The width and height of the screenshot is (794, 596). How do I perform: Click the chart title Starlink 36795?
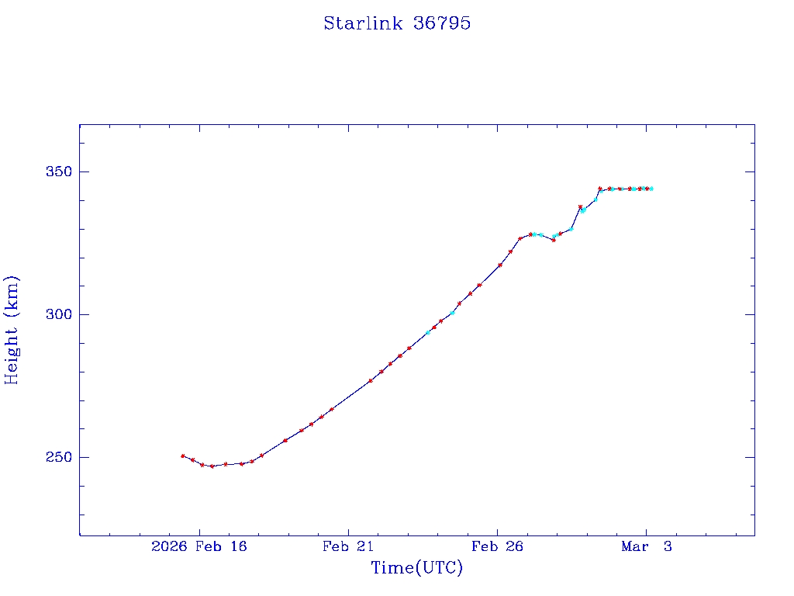pyautogui.click(x=397, y=23)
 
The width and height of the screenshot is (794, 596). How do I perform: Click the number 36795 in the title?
pyautogui.click(x=442, y=23)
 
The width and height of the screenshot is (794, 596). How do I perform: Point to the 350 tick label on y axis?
pyautogui.click(x=55, y=172)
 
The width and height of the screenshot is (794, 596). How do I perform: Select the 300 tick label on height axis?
pyautogui.click(x=55, y=314)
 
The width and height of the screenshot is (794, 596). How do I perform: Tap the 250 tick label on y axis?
pyautogui.click(x=55, y=457)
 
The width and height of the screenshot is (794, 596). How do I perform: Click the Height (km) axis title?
pyautogui.click(x=12, y=330)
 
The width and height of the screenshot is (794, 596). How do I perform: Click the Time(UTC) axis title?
pyautogui.click(x=416, y=568)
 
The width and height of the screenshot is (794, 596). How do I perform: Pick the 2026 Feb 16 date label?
pyautogui.click(x=199, y=547)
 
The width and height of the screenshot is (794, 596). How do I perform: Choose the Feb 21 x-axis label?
pyautogui.click(x=348, y=547)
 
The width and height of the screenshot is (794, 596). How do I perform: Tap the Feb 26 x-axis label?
pyautogui.click(x=497, y=547)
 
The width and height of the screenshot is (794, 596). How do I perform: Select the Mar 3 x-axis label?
pyautogui.click(x=646, y=547)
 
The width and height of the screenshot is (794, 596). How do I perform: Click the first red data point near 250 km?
pyautogui.click(x=183, y=456)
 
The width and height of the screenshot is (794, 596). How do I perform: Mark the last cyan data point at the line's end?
pyautogui.click(x=651, y=189)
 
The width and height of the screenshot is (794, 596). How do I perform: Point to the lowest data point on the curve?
pyautogui.click(x=212, y=466)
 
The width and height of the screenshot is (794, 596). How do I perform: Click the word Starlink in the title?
pyautogui.click(x=360, y=23)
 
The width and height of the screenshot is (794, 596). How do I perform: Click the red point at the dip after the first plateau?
pyautogui.click(x=553, y=240)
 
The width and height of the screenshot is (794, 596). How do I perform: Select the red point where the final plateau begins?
pyautogui.click(x=600, y=189)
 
